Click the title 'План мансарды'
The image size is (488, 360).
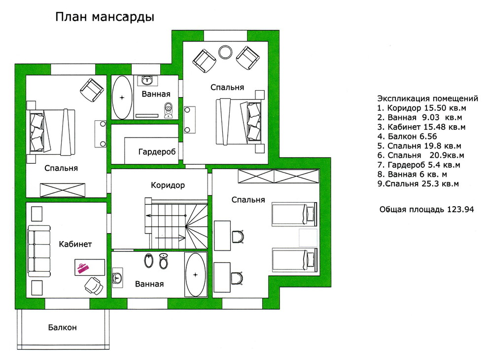pos(105,17)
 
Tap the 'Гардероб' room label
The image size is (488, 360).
pos(157,152)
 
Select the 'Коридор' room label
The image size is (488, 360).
pos(168,185)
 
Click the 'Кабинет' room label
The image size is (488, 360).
pos(75,244)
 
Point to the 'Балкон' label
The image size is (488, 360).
pos(62,327)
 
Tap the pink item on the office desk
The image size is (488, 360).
pos(82,267)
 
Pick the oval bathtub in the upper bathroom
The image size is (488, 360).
pos(122,97)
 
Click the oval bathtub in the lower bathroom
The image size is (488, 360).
pos(196,274)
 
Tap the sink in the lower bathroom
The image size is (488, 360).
pos(117,279)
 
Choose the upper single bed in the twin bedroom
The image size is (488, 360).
pos(294,213)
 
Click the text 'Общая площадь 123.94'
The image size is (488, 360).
pos(426,209)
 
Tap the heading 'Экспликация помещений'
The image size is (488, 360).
pos(427,98)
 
